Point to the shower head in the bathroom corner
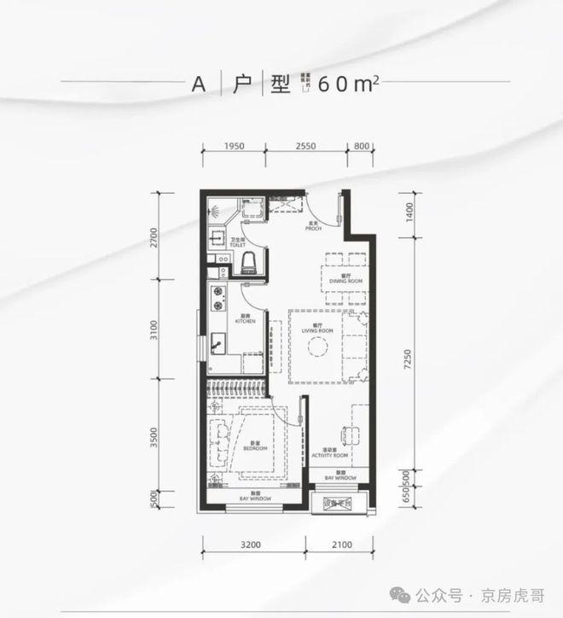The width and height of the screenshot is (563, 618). click(x=216, y=207)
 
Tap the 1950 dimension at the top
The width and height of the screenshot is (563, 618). click(x=233, y=146)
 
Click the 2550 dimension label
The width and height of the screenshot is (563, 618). click(x=305, y=146)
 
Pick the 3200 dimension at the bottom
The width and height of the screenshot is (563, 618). click(x=250, y=544)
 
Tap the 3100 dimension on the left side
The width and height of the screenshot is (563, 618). click(x=154, y=329)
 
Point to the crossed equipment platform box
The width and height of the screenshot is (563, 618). click(x=340, y=502)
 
